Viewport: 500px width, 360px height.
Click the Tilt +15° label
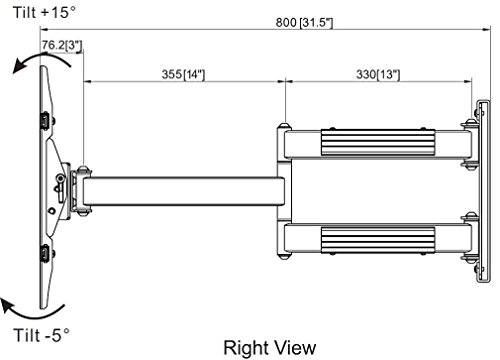pos(44,12)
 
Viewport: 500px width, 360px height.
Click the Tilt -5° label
pos(42,335)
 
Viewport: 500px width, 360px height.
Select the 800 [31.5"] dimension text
pos(304,23)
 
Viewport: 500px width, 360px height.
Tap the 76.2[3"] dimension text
pos(62,45)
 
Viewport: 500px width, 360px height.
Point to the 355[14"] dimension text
pos(183,74)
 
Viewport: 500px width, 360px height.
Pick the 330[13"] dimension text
pos(378,74)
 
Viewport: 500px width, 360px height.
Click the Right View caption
pos(270,348)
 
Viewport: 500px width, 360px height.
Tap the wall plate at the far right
pos(484,191)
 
